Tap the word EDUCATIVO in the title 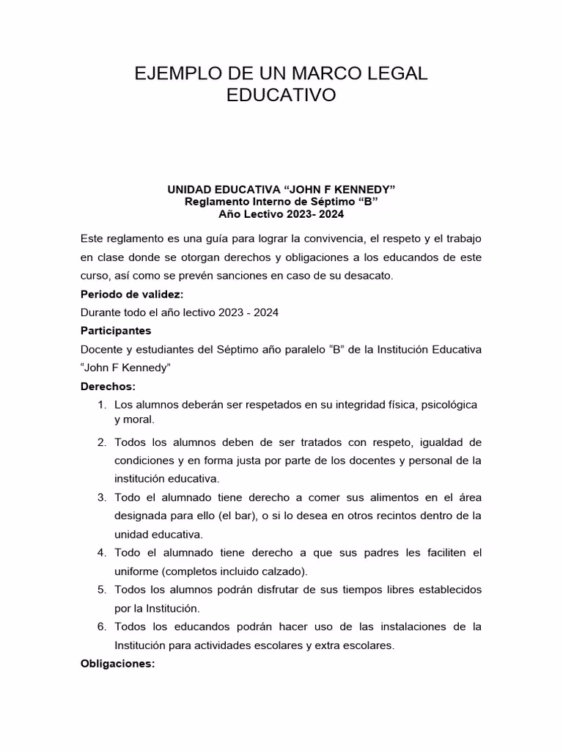281,95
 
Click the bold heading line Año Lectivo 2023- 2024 281,214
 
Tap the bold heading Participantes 116,331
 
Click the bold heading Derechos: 108,387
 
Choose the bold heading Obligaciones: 117,664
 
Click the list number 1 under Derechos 101,405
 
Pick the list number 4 101,552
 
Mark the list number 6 101,627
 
